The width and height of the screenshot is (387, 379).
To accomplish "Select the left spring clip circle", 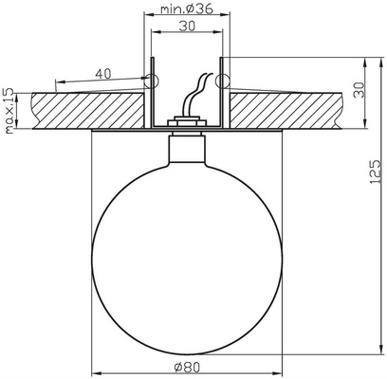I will [148, 79].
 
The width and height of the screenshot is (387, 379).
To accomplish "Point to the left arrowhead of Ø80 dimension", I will [94, 370].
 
